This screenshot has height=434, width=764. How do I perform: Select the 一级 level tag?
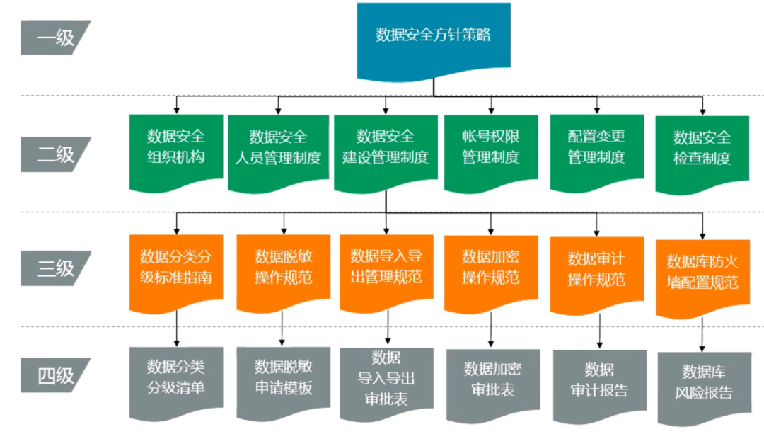point(55,37)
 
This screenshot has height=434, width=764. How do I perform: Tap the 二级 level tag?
point(55,154)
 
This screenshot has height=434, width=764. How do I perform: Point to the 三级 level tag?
point(55,269)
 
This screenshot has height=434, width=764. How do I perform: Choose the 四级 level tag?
point(55,375)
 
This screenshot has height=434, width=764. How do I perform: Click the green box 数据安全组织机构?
point(176,149)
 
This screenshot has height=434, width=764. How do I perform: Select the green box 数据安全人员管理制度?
point(278,149)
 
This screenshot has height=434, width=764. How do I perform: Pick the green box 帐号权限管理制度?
point(490,149)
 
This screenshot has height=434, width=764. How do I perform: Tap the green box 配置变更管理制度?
point(596,149)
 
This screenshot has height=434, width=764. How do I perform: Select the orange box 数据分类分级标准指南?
point(176,268)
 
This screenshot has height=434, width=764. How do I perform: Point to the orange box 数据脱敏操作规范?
point(283,268)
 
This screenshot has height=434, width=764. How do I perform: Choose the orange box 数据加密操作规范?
point(490,268)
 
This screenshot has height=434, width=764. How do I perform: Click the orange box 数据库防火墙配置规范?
point(702,273)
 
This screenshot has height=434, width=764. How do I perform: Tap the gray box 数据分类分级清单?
point(176,379)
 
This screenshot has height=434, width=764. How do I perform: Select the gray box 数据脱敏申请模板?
point(283,379)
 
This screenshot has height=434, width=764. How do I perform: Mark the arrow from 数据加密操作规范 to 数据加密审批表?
point(490,330)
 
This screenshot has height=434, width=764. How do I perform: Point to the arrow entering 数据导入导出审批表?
point(387,329)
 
